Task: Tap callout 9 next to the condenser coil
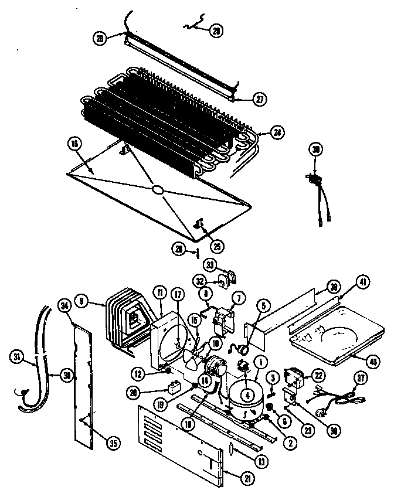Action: point(82,302)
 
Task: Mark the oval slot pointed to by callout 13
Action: point(231,448)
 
